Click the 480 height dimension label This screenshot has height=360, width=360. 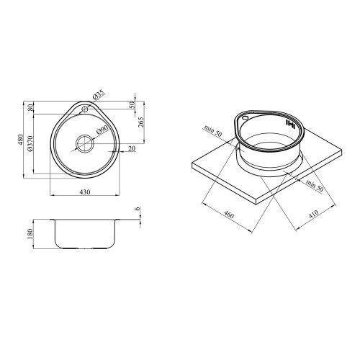tap(20, 140)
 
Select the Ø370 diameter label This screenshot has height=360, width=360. tap(30, 143)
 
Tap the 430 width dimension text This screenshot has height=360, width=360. tap(84, 192)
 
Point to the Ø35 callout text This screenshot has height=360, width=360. tap(98, 95)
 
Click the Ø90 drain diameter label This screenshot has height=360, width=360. tap(102, 130)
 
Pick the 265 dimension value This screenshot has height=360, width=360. tap(141, 122)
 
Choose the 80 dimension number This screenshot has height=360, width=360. tap(30, 108)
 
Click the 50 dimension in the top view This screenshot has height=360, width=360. tap(132, 104)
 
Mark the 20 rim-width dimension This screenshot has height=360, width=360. tap(132, 149)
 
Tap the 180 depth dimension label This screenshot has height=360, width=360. tap(30, 234)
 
